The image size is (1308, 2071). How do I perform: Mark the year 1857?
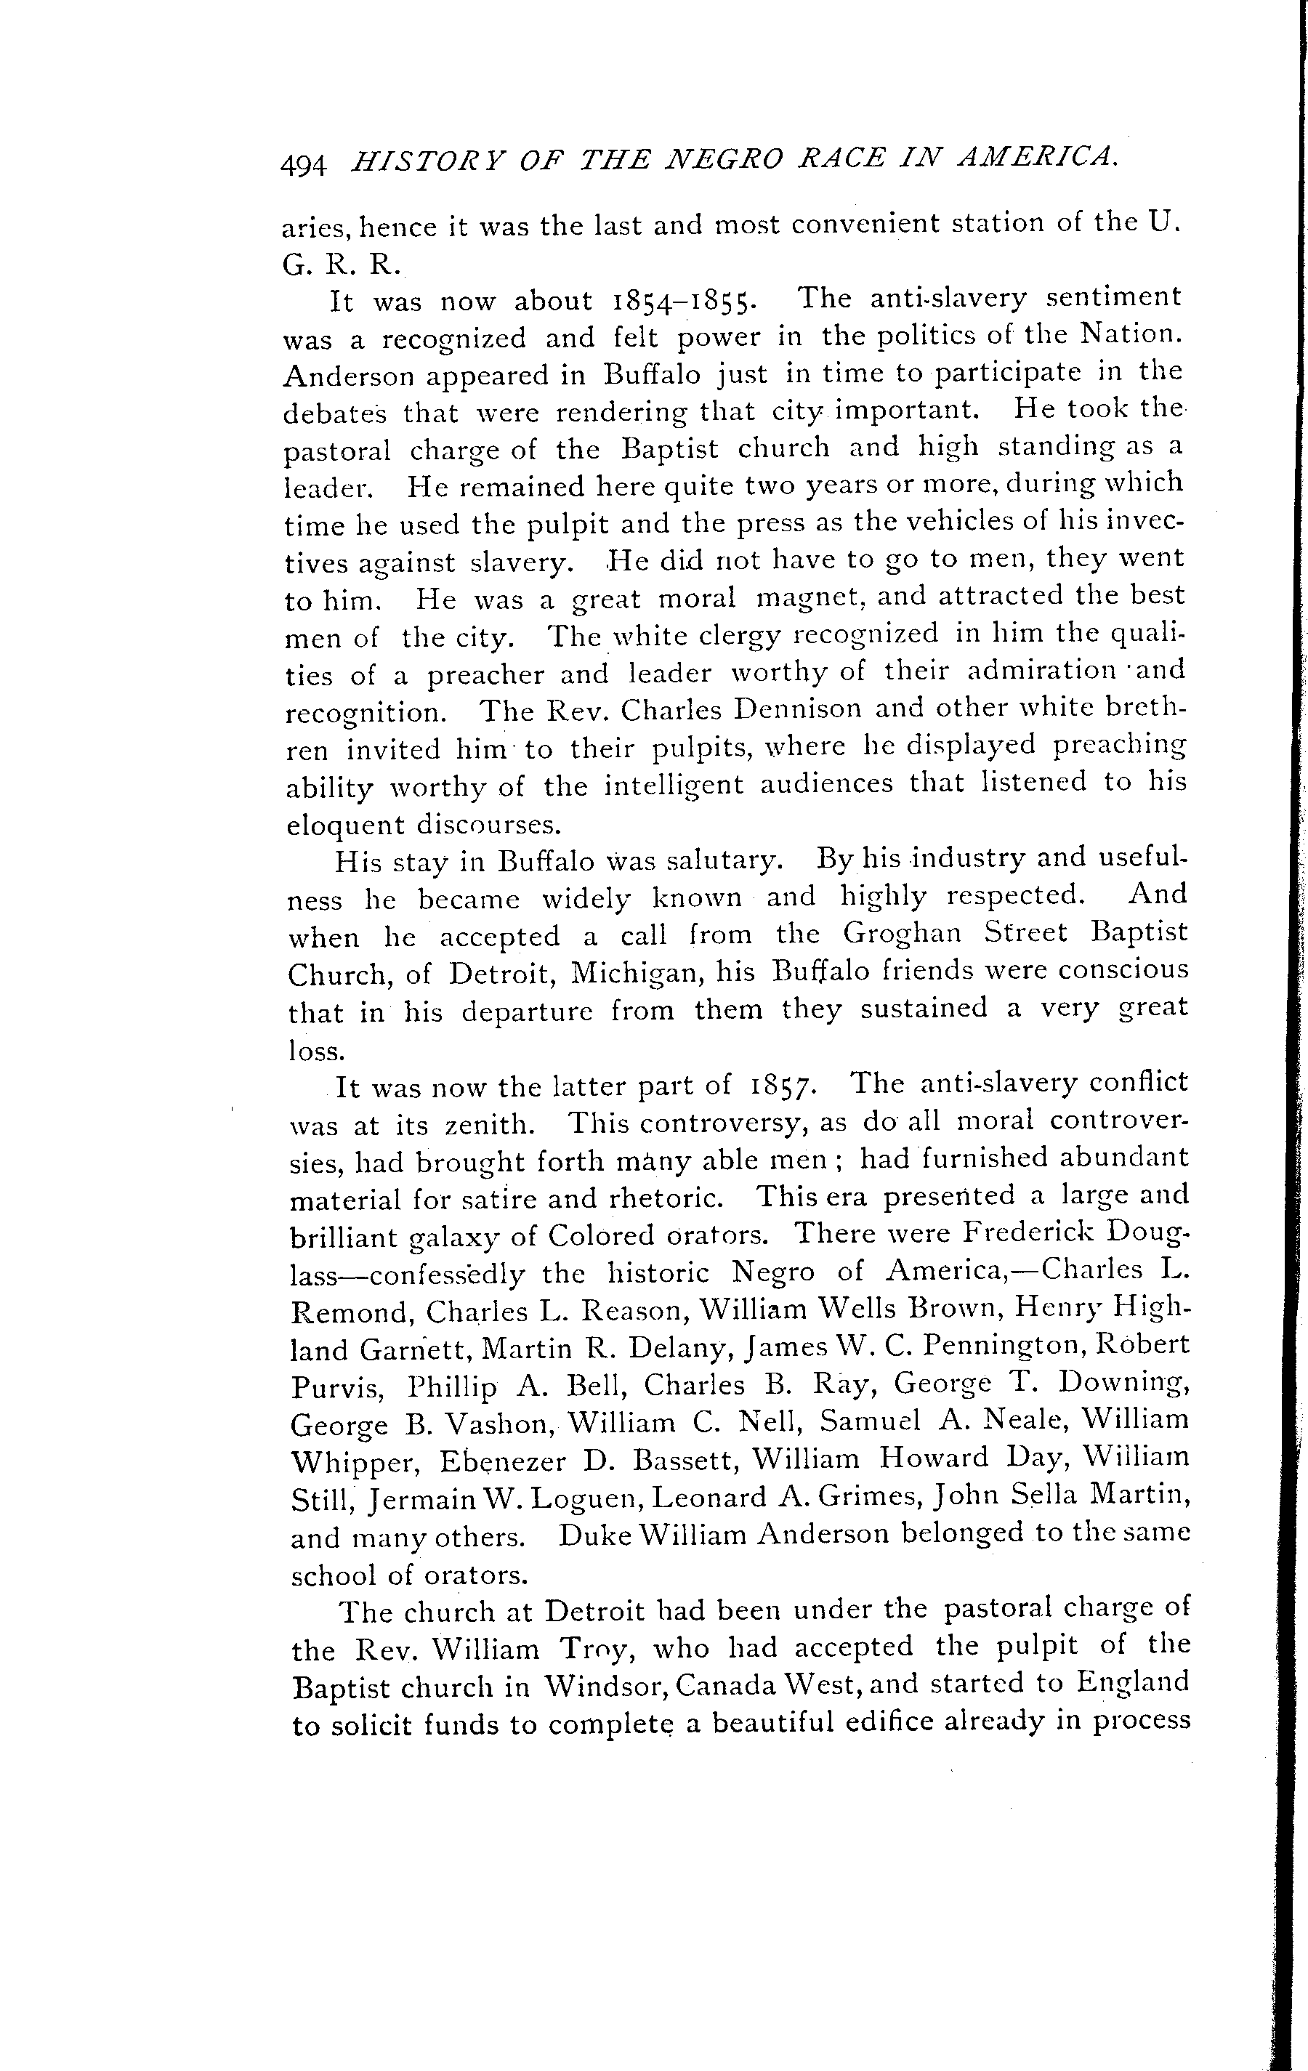tap(780, 1086)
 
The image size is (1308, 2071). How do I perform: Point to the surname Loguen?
tap(587, 1499)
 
